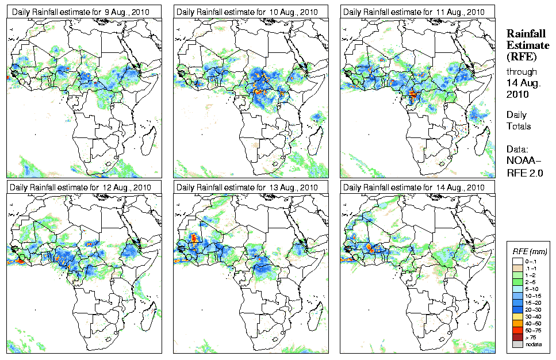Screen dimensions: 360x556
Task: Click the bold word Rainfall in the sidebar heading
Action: click(x=525, y=34)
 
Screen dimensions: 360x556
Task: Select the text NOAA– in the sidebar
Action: click(x=520, y=162)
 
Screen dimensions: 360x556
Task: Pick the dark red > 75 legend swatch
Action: click(x=516, y=336)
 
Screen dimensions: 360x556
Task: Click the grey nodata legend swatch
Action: click(x=516, y=344)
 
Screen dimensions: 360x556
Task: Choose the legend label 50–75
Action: click(x=534, y=330)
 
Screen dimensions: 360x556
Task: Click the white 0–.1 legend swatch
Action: click(x=516, y=261)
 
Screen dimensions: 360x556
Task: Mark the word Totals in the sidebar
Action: click(x=519, y=126)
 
